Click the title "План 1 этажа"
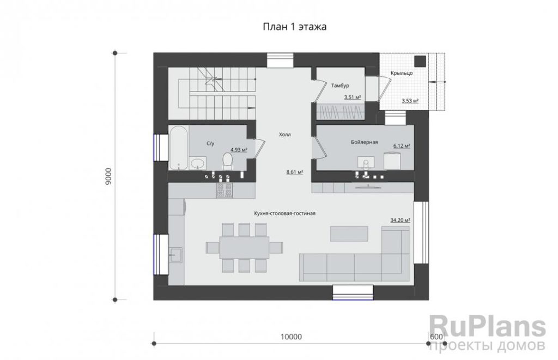295,27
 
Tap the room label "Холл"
284,135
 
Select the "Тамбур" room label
340,86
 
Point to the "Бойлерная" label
365,142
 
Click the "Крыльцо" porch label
402,73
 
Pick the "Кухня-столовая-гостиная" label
284,213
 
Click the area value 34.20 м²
400,220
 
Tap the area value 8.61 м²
295,172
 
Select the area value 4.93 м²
239,150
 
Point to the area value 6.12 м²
402,145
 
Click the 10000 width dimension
291,337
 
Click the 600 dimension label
436,337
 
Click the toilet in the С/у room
227,161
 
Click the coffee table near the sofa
349,234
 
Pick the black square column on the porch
421,61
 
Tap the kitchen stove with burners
225,191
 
